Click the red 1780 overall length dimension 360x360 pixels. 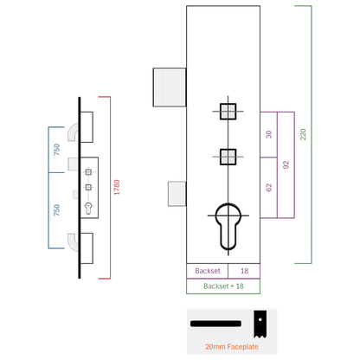[117, 187]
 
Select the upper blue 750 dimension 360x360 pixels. [56, 150]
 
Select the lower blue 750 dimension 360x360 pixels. [56, 210]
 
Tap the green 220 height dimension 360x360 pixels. [303, 134]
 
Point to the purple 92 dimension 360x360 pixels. [286, 164]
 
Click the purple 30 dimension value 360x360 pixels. [268, 134]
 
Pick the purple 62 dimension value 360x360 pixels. [268, 188]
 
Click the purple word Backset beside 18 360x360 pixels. [208, 271]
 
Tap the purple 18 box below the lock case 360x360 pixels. [244, 271]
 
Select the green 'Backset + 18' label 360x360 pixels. [223, 286]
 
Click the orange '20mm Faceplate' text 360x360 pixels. [232, 347]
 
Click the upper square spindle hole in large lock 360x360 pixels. [228, 112]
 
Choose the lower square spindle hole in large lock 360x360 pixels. [228, 157]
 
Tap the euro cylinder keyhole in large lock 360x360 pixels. [228, 227]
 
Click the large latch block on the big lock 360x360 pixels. [170, 87]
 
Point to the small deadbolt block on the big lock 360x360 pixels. [177, 194]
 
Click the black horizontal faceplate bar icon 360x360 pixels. [215, 324]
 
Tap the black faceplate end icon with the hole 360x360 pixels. [260, 324]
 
